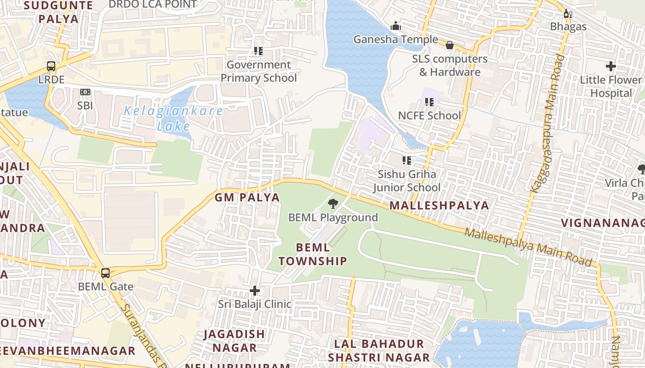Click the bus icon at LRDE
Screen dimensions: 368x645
point(51,66)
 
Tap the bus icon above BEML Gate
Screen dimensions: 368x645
point(106,273)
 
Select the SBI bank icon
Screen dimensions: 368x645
point(85,92)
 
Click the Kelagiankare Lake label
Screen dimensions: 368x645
point(173,118)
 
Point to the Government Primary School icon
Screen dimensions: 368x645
point(258,51)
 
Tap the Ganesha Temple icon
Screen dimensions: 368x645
point(395,26)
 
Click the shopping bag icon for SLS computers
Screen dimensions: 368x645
point(450,45)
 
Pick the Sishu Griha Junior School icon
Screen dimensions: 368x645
point(407,161)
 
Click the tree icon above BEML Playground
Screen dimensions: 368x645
point(333,203)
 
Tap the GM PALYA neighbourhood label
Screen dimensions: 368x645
point(247,197)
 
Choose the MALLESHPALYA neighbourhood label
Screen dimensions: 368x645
point(439,205)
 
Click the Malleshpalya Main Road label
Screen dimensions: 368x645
point(528,247)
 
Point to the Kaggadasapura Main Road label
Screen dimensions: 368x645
point(547,123)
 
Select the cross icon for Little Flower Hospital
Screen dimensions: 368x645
point(611,66)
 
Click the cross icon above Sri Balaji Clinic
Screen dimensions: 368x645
point(255,291)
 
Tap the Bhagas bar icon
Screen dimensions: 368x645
point(568,14)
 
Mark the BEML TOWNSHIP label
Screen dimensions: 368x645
point(313,254)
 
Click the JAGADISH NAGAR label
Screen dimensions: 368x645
point(235,340)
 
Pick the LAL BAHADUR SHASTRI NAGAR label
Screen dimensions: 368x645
point(379,351)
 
